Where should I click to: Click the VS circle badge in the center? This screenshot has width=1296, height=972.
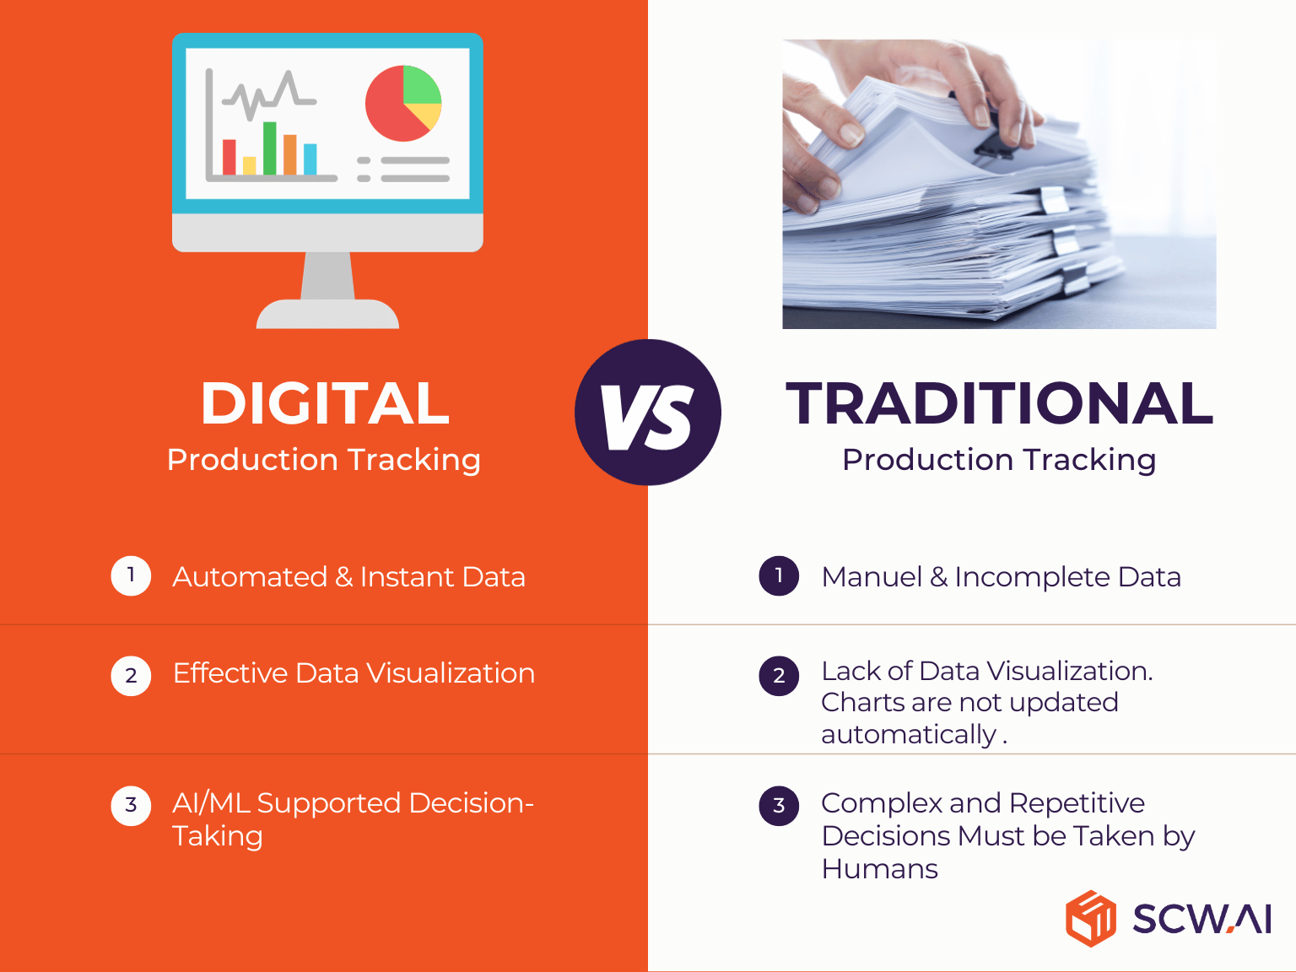click(x=648, y=413)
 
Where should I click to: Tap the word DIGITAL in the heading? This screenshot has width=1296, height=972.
click(x=325, y=403)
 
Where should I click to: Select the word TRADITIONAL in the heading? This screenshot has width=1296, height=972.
click(x=999, y=403)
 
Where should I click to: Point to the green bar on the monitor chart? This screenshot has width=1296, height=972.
click(x=270, y=148)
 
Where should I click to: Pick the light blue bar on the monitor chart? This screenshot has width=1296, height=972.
click(x=310, y=159)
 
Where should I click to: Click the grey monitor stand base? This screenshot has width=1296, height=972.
click(x=327, y=315)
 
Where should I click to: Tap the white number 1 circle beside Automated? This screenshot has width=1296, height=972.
click(x=131, y=576)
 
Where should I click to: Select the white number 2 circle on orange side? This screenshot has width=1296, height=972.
click(x=131, y=676)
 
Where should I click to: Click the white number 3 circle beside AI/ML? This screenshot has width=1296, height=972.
click(x=131, y=806)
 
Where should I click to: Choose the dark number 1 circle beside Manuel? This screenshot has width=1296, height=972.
click(x=779, y=576)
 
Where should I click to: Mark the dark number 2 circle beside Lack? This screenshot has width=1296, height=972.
click(x=779, y=676)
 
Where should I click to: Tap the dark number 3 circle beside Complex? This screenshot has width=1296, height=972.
click(x=779, y=806)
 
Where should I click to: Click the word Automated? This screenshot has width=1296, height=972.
click(x=250, y=577)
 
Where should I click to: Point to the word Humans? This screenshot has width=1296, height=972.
click(x=879, y=869)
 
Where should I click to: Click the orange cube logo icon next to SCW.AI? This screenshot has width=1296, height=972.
click(x=1091, y=918)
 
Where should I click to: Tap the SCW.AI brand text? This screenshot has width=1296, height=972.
click(x=1201, y=919)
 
